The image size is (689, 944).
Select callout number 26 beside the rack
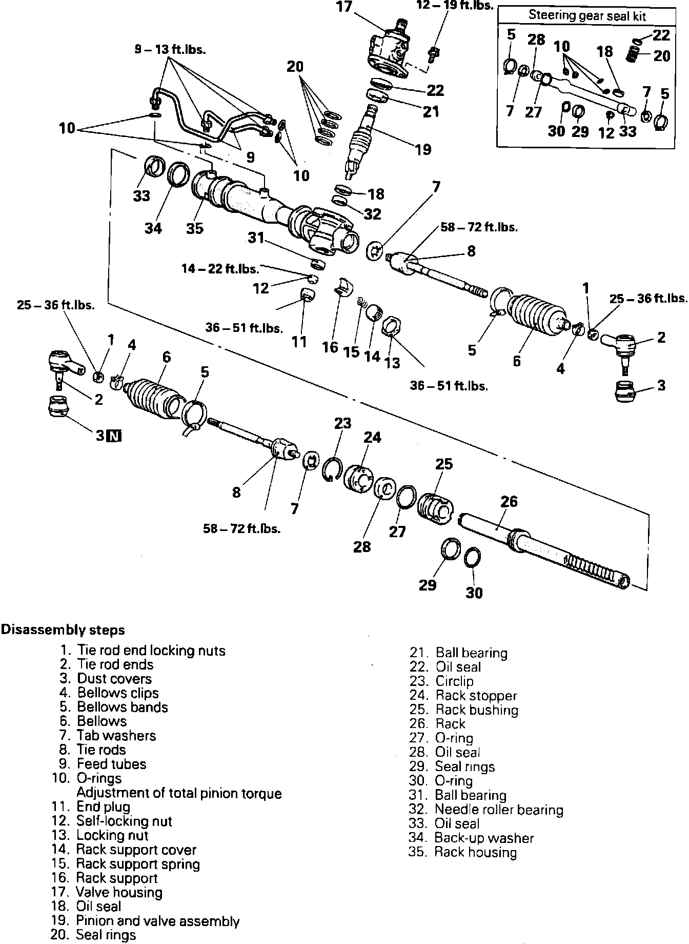click(x=509, y=501)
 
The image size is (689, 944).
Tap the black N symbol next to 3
click(x=115, y=436)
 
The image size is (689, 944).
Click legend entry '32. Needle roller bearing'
click(x=486, y=810)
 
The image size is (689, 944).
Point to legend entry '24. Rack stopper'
click(x=463, y=696)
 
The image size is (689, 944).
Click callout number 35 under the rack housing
click(x=195, y=228)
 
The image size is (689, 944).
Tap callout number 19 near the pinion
click(x=423, y=150)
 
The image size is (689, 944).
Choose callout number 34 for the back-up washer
click(x=153, y=228)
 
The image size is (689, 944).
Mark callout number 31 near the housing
click(x=256, y=238)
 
